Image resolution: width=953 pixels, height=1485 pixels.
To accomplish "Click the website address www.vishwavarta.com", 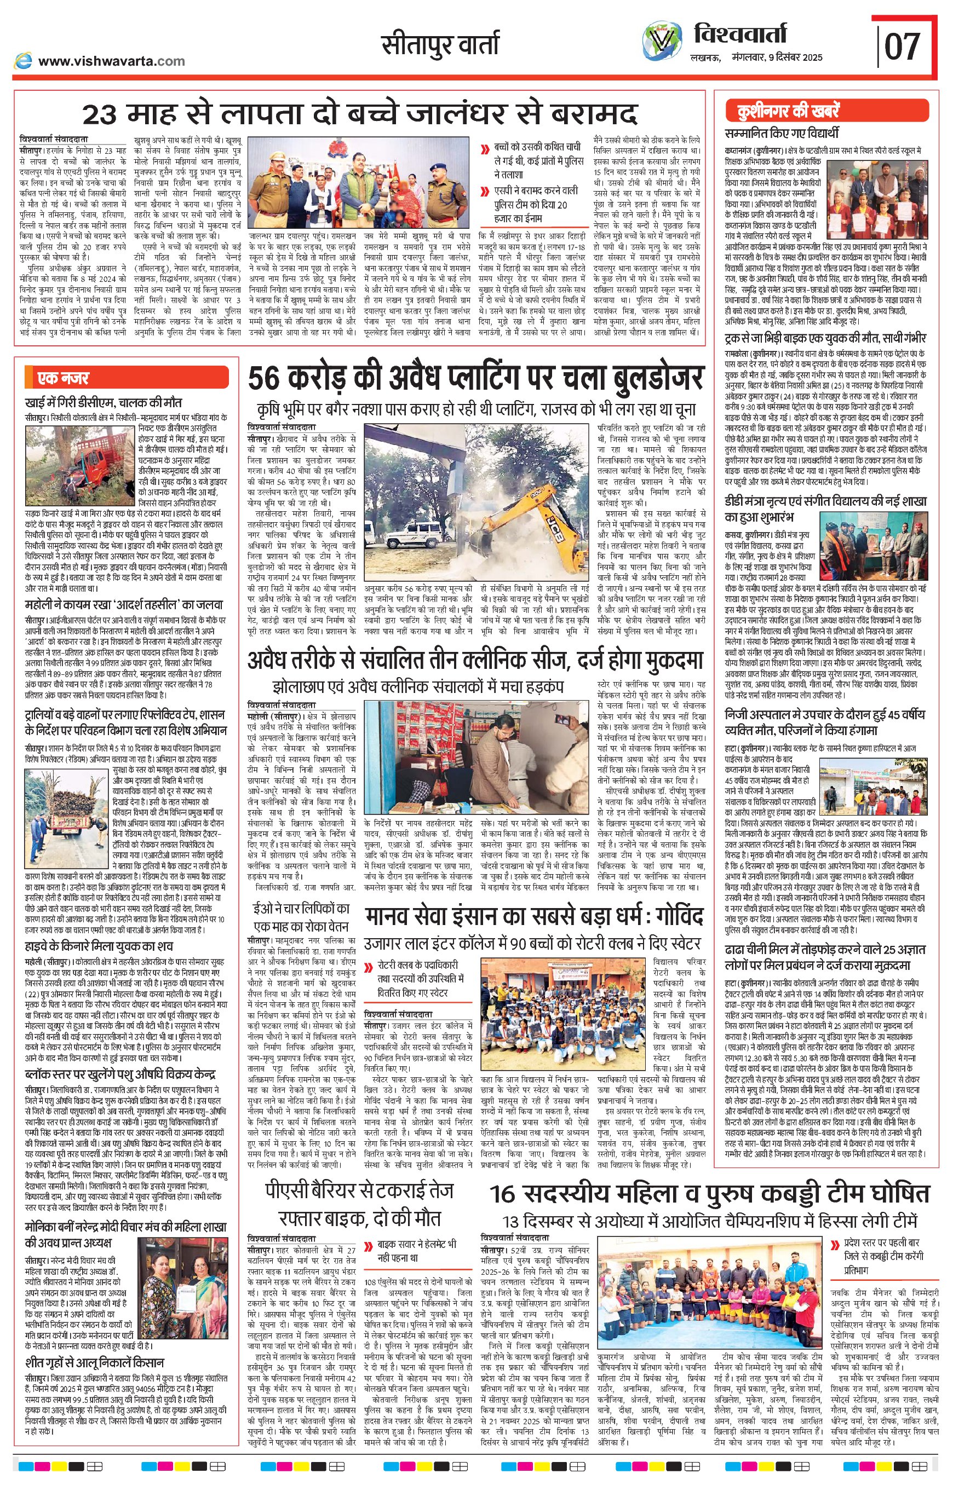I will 111,61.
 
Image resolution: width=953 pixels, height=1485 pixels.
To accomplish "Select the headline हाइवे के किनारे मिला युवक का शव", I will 99,946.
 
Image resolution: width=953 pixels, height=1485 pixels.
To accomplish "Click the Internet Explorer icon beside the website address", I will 24,61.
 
